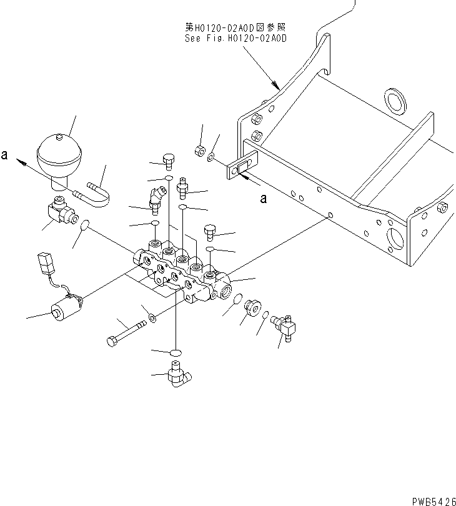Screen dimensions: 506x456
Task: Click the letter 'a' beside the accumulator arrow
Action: (5, 157)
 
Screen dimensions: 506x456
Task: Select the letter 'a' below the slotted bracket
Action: (263, 199)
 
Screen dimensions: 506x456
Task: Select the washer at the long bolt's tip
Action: (154, 320)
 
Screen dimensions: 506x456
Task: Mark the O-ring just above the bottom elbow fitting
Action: (176, 353)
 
